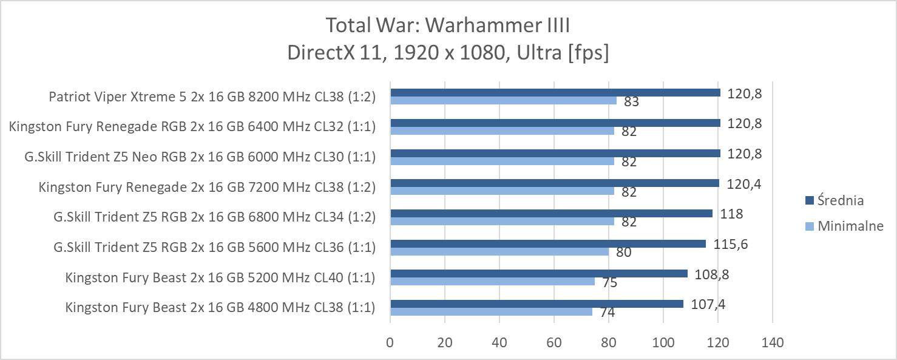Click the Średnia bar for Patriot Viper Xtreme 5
pos(555,93)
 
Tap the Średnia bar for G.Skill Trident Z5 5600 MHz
pos(547,243)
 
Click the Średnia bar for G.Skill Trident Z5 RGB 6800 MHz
pos(551,214)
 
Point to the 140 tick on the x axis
pos(772,342)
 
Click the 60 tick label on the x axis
pos(554,342)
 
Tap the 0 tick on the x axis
pos(390,342)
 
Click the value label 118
pos(731,214)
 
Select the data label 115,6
pos(731,244)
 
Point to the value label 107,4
pos(708,304)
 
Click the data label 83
pos(631,101)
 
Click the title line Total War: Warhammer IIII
pos(448,25)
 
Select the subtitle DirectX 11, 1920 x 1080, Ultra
pos(448,53)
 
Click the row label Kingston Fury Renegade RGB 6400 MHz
pos(192,126)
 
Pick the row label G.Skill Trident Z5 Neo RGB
pos(200,157)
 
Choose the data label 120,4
pos(744,183)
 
